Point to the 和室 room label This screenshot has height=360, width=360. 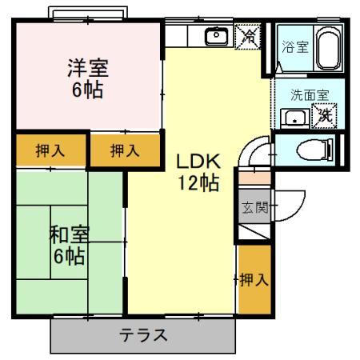coord(69,236)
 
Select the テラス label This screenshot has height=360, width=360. coord(144,335)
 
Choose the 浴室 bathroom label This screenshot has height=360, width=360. coord(294,46)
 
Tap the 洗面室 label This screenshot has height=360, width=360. coord(309,94)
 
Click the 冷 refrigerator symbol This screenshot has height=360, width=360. coord(250,37)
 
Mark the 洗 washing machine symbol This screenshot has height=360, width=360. coord(325,115)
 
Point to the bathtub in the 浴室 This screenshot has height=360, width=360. coord(328,47)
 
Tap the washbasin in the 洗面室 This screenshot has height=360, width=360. coord(293,118)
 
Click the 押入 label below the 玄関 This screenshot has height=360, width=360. coord(253,279)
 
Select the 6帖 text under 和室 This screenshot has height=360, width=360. coord(69,257)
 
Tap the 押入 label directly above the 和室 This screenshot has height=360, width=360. coord(38,150)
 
